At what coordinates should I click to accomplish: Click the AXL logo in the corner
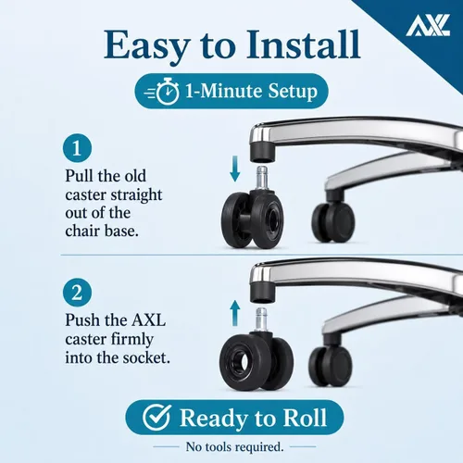tap(428, 25)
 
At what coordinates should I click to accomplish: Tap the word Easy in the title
tap(146, 45)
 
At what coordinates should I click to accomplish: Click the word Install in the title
tap(304, 44)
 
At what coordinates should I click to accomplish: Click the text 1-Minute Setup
tap(251, 91)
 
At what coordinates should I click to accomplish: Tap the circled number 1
tap(77, 148)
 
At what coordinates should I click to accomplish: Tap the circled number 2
tap(77, 292)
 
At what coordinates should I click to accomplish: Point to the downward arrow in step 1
tap(235, 169)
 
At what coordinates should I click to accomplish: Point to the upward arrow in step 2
tap(235, 313)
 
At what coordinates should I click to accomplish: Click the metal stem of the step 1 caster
tap(262, 179)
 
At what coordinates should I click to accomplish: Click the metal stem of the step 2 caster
tap(262, 319)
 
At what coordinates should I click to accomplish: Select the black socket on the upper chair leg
tap(262, 150)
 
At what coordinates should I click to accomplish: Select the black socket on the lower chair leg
tap(262, 292)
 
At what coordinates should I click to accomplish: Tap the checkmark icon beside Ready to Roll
tap(156, 418)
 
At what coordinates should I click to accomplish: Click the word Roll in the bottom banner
tap(305, 418)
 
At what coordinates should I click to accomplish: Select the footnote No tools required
tap(234, 446)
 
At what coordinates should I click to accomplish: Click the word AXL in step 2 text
tap(149, 320)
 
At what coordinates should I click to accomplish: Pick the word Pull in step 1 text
tap(79, 176)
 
